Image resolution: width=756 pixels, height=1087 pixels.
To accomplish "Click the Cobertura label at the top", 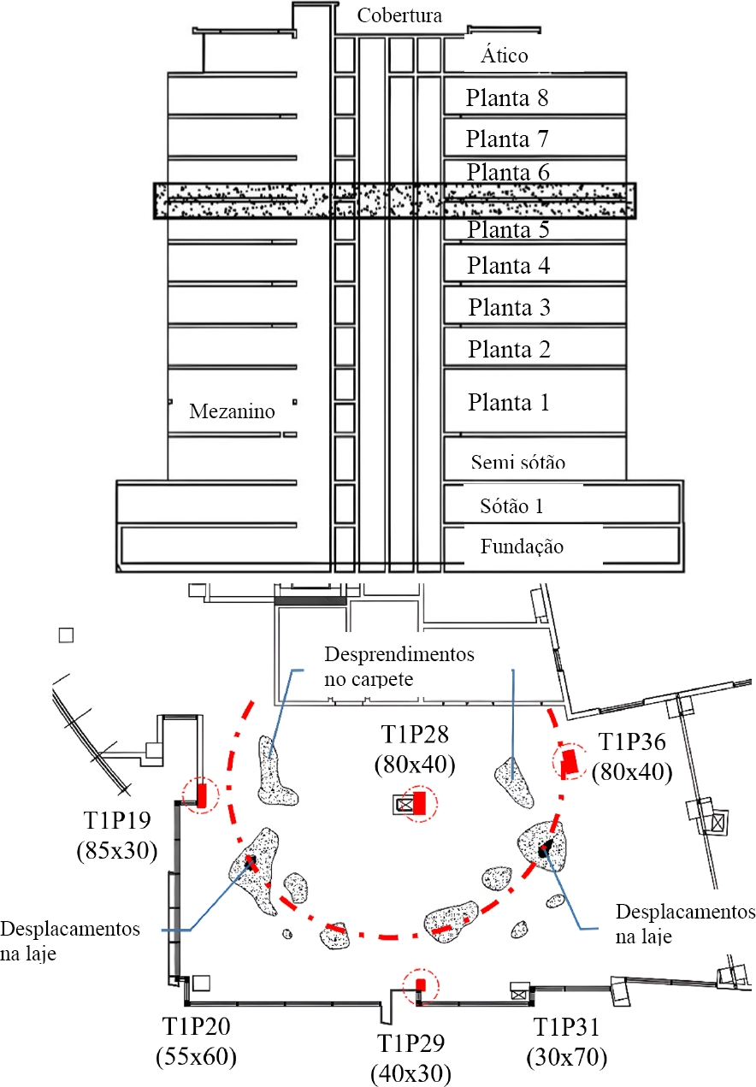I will pyautogui.click(x=399, y=15).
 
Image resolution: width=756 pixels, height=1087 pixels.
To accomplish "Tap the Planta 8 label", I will pyautogui.click(x=507, y=97).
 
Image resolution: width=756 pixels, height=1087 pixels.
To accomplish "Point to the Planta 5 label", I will pyautogui.click(x=508, y=229).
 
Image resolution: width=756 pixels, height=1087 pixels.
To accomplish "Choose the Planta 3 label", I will pyautogui.click(x=508, y=307).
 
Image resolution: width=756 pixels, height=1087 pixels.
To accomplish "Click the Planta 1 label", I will pyautogui.click(x=508, y=402).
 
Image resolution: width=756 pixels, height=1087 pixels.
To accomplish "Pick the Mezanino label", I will pyautogui.click(x=232, y=411).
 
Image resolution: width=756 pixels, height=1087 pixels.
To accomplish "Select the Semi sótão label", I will pyautogui.click(x=518, y=463).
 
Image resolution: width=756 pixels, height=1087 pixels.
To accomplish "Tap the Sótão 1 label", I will pyautogui.click(x=512, y=505).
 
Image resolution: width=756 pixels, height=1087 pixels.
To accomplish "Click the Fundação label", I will pyautogui.click(x=522, y=546).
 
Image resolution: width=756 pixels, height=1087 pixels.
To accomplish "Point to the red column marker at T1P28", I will pyautogui.click(x=419, y=803).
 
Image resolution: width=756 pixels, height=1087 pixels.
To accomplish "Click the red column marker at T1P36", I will pyautogui.click(x=569, y=760).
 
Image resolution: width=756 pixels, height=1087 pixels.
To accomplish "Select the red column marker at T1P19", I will pyautogui.click(x=203, y=795).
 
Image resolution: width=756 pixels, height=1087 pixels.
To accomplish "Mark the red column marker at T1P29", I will pyautogui.click(x=420, y=985).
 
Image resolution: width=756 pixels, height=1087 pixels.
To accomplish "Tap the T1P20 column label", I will pyautogui.click(x=196, y=1025).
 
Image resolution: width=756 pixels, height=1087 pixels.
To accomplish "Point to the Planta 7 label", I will pyautogui.click(x=508, y=138).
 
